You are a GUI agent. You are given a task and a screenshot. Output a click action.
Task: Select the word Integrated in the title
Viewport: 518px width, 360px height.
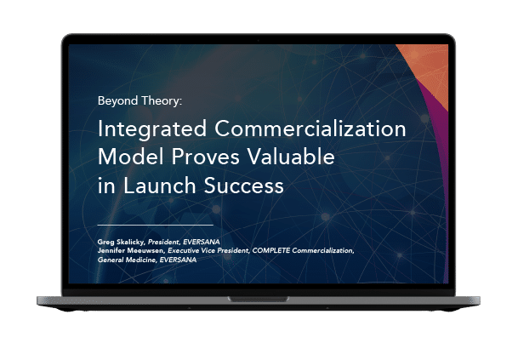(x=152, y=129)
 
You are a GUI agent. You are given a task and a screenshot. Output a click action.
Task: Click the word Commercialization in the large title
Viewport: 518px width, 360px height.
(x=310, y=129)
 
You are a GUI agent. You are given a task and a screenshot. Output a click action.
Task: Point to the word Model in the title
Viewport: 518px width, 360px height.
(x=131, y=157)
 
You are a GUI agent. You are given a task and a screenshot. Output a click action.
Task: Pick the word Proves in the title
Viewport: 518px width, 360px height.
(x=205, y=157)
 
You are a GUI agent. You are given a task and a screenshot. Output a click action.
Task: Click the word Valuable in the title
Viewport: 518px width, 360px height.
(x=291, y=157)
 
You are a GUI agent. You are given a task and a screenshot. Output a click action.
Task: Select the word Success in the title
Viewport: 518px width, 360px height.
(x=243, y=186)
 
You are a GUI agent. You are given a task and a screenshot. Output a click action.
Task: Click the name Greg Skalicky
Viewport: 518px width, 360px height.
(x=122, y=242)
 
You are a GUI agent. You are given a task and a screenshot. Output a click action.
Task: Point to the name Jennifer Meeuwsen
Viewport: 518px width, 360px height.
(x=131, y=250)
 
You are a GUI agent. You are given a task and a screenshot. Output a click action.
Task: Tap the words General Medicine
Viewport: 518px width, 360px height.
(x=127, y=260)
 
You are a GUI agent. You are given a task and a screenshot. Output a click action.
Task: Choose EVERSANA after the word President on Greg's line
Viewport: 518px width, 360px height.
(x=202, y=242)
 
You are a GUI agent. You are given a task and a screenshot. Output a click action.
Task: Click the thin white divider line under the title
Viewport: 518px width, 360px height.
(x=156, y=225)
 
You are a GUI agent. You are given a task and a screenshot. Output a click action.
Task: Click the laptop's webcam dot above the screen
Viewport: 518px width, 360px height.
(x=259, y=40)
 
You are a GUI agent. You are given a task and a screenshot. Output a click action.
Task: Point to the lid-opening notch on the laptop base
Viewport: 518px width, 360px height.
(x=259, y=299)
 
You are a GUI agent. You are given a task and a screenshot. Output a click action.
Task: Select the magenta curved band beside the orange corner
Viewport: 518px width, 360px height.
(x=438, y=132)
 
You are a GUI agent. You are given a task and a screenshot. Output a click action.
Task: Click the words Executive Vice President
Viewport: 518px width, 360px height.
(x=208, y=250)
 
